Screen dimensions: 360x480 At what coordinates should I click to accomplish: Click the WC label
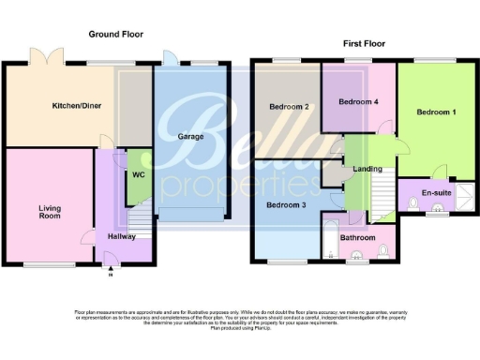click(x=138, y=174)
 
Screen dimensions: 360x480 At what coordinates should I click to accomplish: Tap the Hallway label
click(x=121, y=237)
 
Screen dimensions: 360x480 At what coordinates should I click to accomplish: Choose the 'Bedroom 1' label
click(x=437, y=112)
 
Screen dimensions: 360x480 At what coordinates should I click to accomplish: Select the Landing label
click(x=365, y=169)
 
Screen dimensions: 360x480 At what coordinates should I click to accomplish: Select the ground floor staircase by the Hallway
click(x=139, y=224)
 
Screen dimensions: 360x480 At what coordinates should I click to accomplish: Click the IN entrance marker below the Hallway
click(x=110, y=275)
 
